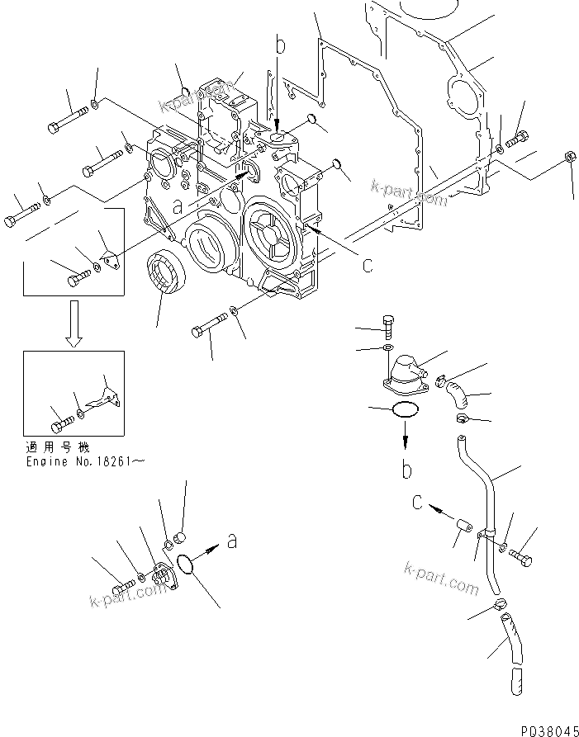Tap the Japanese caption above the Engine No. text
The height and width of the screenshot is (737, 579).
pos(58,447)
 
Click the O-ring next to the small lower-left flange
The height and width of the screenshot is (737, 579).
pos(187,565)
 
